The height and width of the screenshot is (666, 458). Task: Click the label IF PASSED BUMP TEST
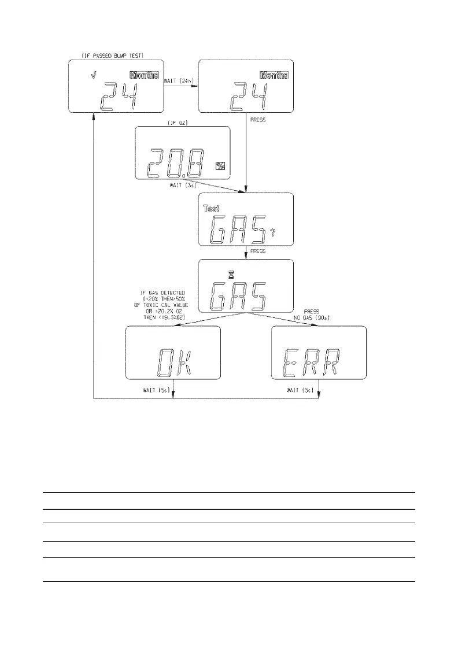tap(113, 55)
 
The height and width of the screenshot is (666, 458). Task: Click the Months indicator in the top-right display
tap(274, 75)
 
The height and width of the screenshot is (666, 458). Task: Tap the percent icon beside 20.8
tap(220, 169)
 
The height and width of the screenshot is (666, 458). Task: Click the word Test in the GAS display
tap(211, 209)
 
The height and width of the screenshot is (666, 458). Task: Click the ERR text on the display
tap(317, 362)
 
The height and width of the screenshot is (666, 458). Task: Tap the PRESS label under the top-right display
tap(258, 120)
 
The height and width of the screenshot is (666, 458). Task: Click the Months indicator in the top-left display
tap(144, 75)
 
